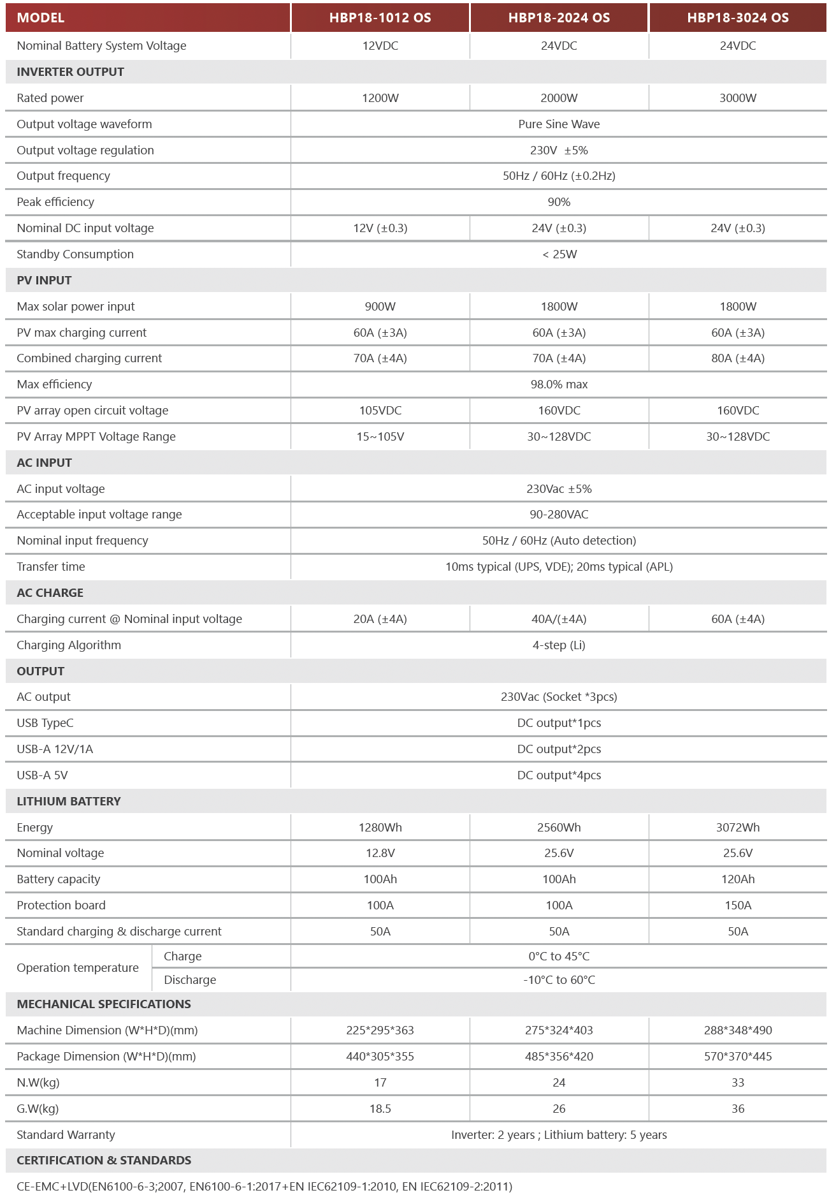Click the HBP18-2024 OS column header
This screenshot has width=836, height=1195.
(x=559, y=18)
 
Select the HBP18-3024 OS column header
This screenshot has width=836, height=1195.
(x=737, y=18)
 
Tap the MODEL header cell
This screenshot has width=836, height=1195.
(x=41, y=18)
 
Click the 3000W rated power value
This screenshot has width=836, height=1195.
(x=737, y=98)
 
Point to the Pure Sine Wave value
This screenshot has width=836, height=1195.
(x=559, y=124)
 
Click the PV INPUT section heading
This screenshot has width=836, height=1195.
(x=44, y=281)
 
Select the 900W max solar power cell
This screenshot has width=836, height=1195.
(x=380, y=307)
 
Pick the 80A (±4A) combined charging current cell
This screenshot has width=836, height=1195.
(x=737, y=358)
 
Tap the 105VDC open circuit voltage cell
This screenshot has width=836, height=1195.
(x=380, y=411)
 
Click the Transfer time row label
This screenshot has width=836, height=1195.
(x=51, y=567)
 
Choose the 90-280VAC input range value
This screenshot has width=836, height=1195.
(x=559, y=515)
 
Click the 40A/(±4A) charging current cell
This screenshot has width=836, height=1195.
(x=559, y=619)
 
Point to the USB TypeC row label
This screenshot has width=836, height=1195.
(x=45, y=723)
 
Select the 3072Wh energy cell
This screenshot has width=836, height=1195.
(x=737, y=828)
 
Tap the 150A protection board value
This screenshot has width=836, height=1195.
(x=737, y=905)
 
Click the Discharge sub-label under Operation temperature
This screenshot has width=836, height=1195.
(x=190, y=980)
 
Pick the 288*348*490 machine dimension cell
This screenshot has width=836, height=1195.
(x=737, y=1030)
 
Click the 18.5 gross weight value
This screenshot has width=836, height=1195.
(x=380, y=1109)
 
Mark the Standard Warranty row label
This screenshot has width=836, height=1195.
(x=66, y=1135)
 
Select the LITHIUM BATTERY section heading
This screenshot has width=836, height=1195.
(x=69, y=802)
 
